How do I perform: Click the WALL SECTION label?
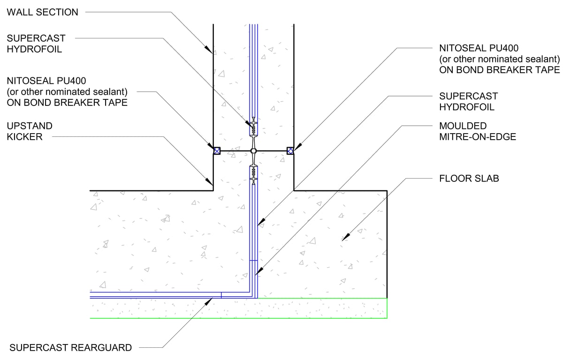[42, 12]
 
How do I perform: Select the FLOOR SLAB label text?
[469, 179]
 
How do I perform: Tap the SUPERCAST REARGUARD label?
[70, 348]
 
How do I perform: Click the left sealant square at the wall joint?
[217, 150]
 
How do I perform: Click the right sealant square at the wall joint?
[290, 150]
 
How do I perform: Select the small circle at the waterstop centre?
[253, 150]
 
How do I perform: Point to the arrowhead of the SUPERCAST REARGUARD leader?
[207, 300]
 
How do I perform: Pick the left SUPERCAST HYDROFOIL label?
[36, 44]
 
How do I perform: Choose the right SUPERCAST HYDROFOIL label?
[468, 101]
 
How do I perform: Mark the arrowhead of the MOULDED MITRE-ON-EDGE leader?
[258, 272]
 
